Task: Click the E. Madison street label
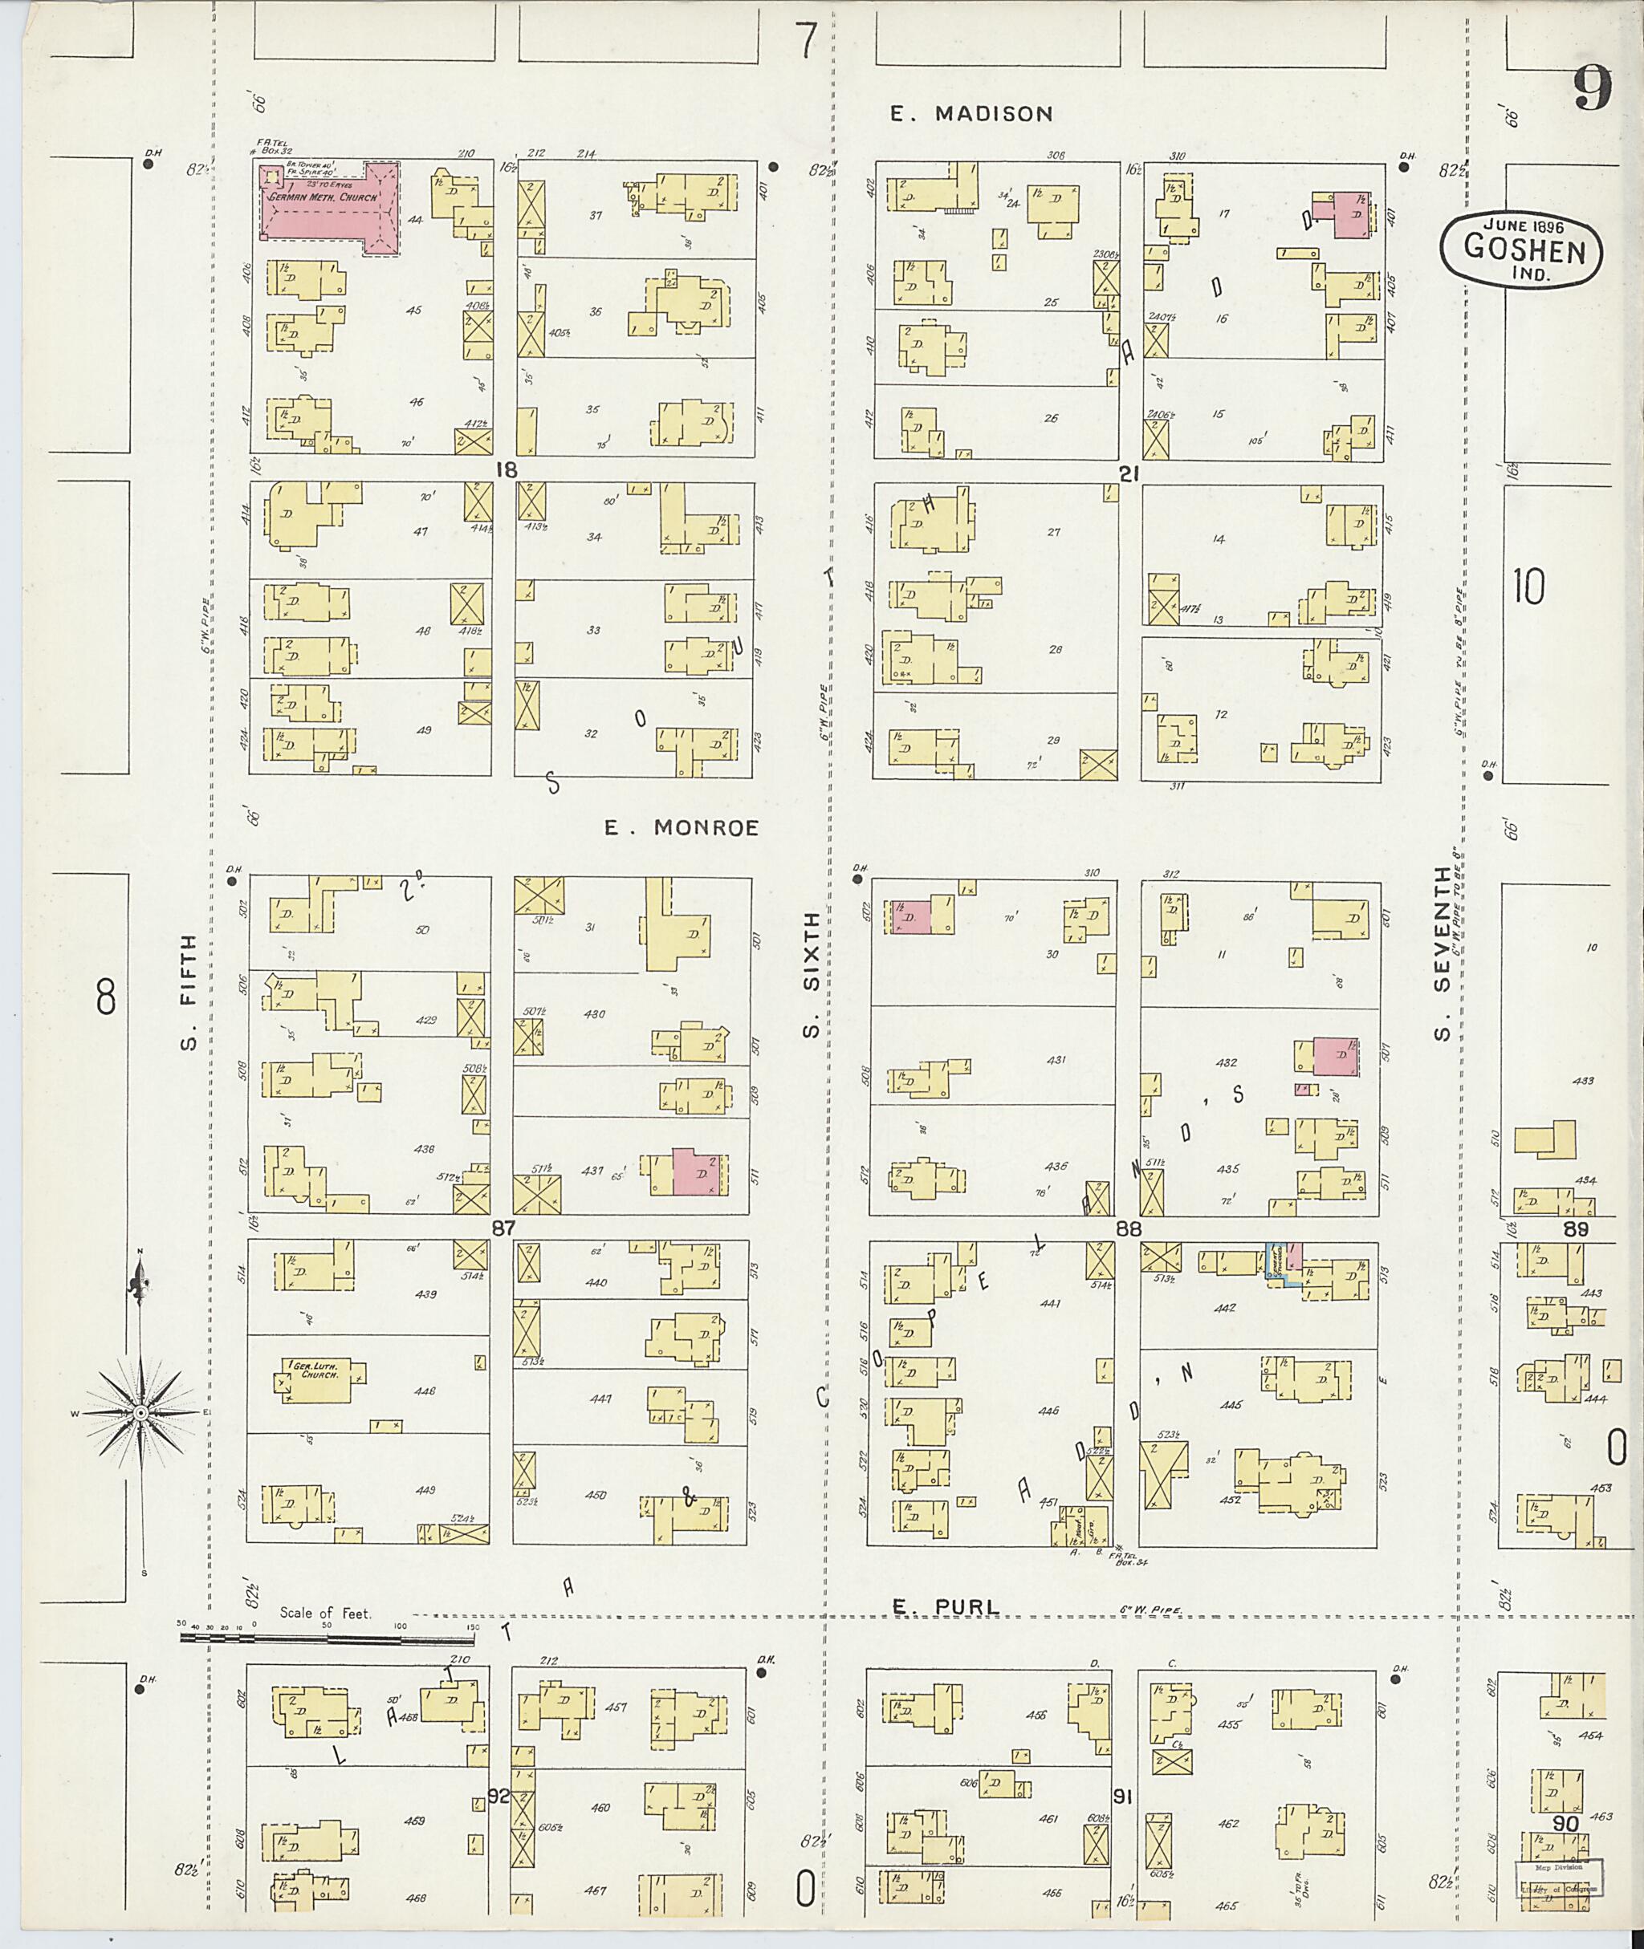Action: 971,114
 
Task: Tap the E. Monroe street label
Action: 682,827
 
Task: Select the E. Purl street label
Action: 945,1606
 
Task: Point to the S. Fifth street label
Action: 189,993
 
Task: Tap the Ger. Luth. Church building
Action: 317,1375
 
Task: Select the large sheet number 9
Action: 1593,91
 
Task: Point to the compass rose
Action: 140,1413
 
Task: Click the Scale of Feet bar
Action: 326,1635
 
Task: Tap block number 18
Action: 505,469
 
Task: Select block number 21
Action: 1129,473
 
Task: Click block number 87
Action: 503,1228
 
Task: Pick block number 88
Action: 1129,1228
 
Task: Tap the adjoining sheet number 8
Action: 105,998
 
